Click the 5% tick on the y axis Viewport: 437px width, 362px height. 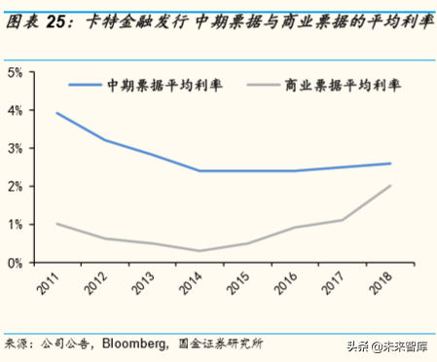(16, 73)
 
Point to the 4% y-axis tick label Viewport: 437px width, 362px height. (16, 111)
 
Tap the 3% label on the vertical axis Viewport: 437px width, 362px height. (16, 149)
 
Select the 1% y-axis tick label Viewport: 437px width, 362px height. (16, 225)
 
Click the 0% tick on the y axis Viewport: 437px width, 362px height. (16, 263)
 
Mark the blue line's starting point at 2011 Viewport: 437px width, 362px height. (56, 113)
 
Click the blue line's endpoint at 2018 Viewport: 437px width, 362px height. (390, 163)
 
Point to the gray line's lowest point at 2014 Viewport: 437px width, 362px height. (199, 251)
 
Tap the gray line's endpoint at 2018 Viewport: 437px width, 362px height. (390, 186)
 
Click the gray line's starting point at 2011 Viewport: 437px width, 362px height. (56, 224)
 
